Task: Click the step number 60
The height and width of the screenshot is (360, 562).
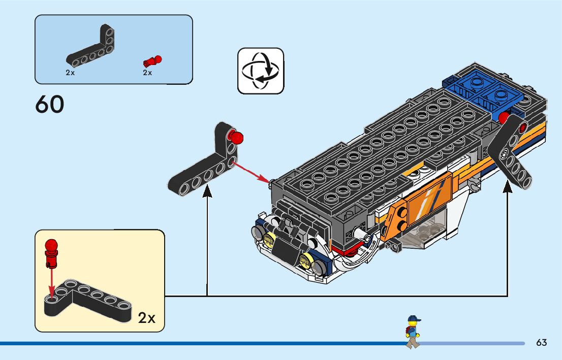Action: point(50,104)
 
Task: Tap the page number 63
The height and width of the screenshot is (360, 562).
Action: point(541,343)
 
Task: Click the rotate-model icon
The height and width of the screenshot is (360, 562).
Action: point(261,71)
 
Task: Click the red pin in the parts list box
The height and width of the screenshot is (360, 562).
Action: point(152,62)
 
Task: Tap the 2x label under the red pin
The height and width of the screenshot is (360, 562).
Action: point(147,73)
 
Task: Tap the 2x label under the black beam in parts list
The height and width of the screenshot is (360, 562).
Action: point(70,73)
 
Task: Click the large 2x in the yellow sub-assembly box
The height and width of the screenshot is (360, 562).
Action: point(146,318)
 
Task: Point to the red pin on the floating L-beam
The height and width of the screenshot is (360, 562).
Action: point(235,137)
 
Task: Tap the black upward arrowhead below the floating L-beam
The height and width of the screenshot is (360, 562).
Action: point(207,190)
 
